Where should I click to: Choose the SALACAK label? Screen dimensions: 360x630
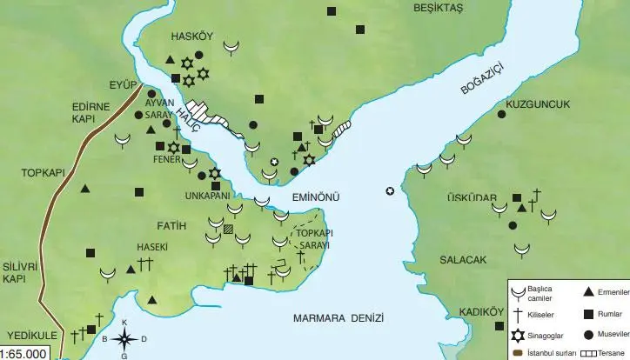[x=456, y=260]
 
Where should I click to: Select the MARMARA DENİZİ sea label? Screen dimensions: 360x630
[x=338, y=317]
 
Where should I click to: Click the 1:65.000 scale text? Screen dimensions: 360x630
[x=25, y=354]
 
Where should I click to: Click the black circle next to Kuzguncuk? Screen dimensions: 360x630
[x=501, y=114]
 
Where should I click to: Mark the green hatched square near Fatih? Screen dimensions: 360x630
[x=229, y=230]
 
